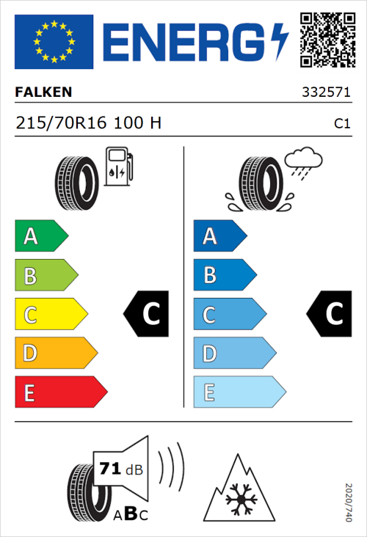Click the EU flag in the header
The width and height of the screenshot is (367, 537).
point(54,42)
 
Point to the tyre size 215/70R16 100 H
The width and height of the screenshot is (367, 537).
point(89,123)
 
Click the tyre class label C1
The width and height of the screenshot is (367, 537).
point(341,124)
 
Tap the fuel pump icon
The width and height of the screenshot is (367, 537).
point(118,167)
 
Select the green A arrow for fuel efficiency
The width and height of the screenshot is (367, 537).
point(41,236)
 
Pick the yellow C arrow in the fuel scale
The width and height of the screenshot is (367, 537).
point(50,315)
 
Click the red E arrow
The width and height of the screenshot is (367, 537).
point(60,392)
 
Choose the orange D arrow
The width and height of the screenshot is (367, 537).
point(55,354)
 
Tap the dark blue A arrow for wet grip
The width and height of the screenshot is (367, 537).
point(219,236)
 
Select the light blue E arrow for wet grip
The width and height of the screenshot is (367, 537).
point(239,392)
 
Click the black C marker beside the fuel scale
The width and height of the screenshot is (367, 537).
point(147,315)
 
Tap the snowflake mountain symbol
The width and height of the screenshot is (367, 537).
point(239,489)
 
